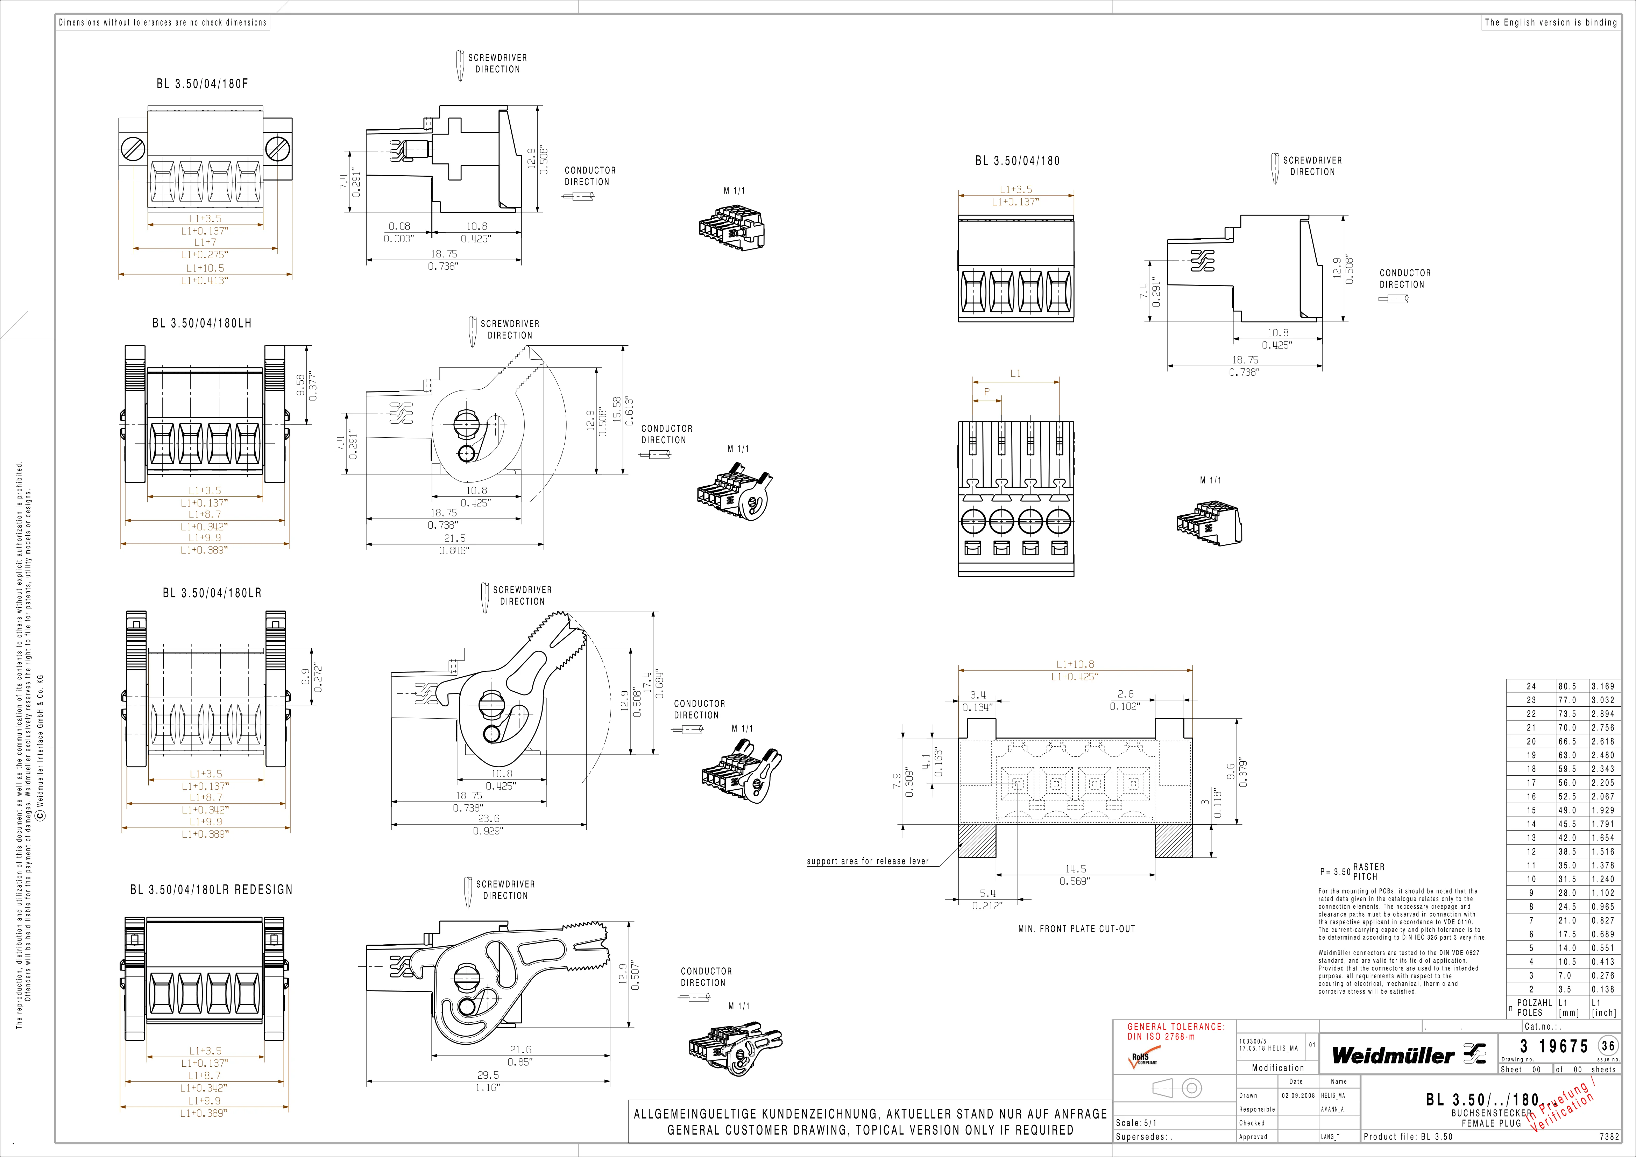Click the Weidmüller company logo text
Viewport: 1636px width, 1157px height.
click(x=1393, y=1055)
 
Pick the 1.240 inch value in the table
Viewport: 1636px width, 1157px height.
click(x=1603, y=879)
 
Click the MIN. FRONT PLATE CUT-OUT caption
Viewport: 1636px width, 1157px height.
click(x=1077, y=929)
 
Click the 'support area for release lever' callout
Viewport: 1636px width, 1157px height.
click(x=868, y=861)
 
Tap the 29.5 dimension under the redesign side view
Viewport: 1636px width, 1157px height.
click(x=488, y=1075)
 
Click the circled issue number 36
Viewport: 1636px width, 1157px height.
click(x=1608, y=1046)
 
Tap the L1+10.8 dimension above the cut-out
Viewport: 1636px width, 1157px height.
click(x=1075, y=664)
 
